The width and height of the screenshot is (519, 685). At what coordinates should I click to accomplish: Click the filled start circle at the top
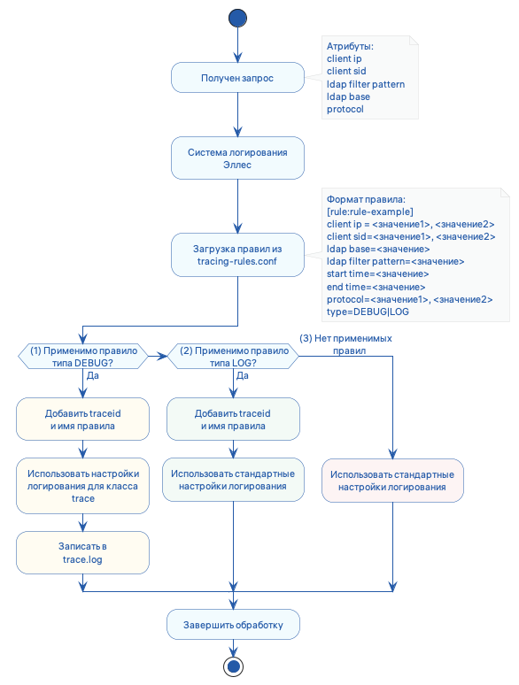(x=237, y=18)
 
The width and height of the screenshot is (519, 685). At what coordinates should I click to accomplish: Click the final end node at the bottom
(x=234, y=666)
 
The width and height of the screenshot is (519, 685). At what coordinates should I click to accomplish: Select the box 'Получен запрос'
(x=237, y=78)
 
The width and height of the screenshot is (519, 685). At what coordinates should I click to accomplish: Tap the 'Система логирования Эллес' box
(x=237, y=158)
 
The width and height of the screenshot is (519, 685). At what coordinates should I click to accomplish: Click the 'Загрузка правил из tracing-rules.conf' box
(x=237, y=255)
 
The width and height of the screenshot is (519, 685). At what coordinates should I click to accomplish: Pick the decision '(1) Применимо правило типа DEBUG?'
(x=83, y=357)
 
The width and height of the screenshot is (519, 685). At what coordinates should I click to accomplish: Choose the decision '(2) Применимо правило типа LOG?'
(x=233, y=357)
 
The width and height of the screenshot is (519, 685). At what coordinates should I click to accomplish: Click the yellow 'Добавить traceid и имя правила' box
(x=83, y=419)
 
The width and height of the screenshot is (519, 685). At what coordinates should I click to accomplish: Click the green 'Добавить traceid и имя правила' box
(x=233, y=419)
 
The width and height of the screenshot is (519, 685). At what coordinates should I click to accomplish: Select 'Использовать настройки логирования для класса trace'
(x=83, y=486)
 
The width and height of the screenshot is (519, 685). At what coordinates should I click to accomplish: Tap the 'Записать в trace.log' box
(x=83, y=552)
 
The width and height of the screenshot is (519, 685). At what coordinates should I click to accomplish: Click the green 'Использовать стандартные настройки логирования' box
(x=233, y=481)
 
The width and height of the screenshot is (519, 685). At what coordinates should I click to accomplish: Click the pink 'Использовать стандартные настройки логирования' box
(x=392, y=481)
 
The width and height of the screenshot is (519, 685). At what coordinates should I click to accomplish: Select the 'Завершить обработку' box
(x=233, y=625)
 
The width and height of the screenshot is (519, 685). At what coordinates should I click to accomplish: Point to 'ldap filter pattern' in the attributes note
(x=365, y=84)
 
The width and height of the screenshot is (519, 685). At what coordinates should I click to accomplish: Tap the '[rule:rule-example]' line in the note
(x=370, y=212)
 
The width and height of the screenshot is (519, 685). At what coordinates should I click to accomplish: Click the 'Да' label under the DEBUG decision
(x=91, y=375)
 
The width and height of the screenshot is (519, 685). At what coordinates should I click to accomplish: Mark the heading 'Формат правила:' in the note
(x=365, y=199)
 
